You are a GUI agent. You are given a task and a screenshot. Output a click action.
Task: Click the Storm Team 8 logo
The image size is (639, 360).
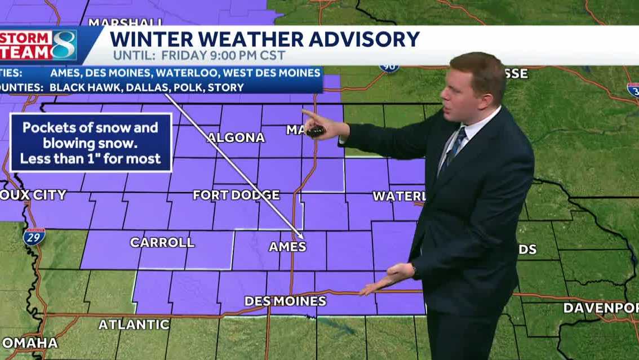pos(38,45)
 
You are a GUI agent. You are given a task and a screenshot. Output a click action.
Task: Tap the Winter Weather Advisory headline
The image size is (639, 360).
pos(264,39)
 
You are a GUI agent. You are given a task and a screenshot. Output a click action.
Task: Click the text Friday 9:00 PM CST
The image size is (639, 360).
pos(224,56)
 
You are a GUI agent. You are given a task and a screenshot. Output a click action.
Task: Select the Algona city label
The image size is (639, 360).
pos(236,137)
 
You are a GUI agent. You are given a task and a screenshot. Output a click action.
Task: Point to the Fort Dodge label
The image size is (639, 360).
pos(236,195)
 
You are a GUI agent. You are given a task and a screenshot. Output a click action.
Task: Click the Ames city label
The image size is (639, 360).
pos(287,247)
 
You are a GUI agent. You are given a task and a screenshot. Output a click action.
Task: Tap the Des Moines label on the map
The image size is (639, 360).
pos(285,301)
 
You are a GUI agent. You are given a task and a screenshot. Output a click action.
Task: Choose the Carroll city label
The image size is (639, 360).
pos(162,242)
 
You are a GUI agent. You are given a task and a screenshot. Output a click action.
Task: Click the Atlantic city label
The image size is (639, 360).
pos(134,325)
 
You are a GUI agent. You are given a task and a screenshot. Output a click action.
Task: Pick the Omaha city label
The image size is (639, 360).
pos(30,343)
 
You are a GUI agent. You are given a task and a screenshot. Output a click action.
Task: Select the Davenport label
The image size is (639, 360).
pos(601,308)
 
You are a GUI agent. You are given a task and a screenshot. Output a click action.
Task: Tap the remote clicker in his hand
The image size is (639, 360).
pos(317,131)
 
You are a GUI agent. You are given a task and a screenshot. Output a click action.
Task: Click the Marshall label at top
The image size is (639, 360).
pos(126,23)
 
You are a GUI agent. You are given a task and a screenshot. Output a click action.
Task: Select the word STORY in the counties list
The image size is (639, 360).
pos(229,87)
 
